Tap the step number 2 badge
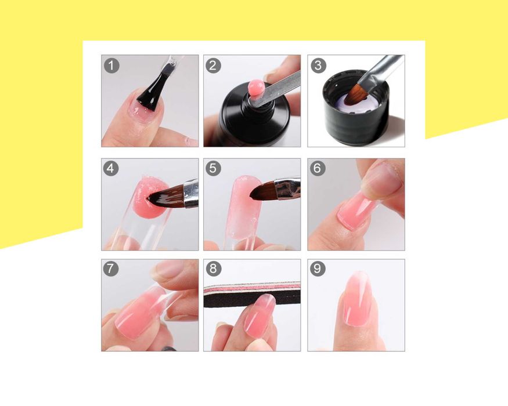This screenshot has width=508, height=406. point(213,66)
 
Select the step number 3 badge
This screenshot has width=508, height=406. point(318,66)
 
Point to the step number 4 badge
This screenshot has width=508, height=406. point(111,169)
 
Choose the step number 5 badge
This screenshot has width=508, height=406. point(213,168)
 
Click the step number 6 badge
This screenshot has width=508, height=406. point(317,168)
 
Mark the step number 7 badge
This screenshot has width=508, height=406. point(111,269)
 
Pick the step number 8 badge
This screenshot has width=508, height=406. point(213,269)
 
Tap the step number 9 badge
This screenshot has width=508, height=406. point(317,269)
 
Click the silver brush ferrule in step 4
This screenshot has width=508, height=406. point(191,194)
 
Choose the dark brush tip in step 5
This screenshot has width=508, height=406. point(262,191)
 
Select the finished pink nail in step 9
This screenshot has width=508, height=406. point(354,299)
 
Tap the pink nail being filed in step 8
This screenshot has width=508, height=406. point(259,312)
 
